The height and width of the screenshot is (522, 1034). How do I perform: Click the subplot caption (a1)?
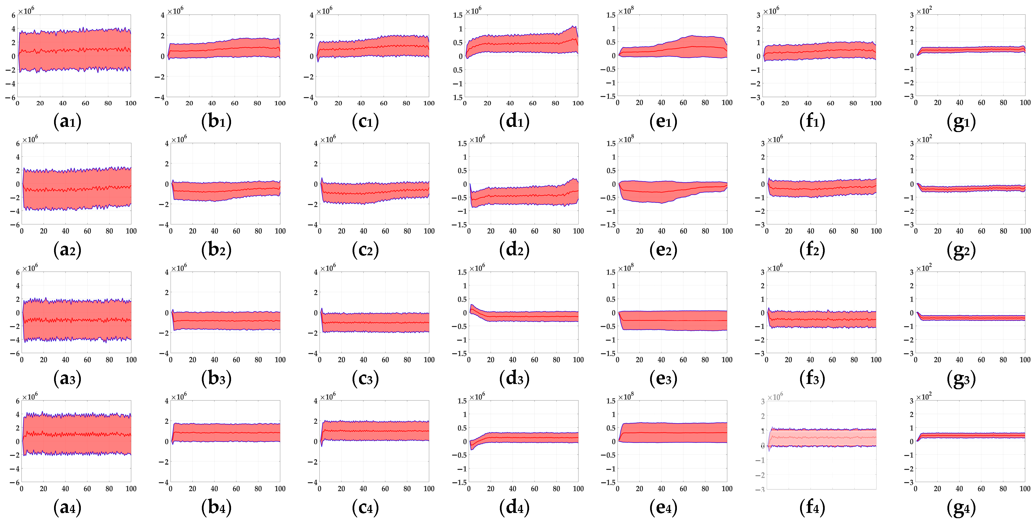tap(67, 121)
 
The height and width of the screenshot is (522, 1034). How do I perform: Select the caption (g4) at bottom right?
tap(961, 508)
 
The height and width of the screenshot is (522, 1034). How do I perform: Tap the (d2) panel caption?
tap(514, 250)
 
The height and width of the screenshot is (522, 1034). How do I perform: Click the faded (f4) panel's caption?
tap(812, 508)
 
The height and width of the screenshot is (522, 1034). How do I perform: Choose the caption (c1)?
tap(365, 121)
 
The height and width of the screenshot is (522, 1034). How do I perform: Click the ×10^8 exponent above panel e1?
tap(626, 11)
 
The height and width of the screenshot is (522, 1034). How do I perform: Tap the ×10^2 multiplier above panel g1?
tap(924, 11)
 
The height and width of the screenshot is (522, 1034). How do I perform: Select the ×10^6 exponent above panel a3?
tap(30, 268)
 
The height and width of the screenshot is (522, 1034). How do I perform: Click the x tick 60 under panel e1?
tap(683, 103)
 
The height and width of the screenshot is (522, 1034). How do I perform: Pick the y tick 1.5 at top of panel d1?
tap(458, 15)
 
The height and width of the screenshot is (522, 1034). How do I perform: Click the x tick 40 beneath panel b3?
tap(214, 360)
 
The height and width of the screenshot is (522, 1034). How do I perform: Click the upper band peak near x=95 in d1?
tap(574, 27)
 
